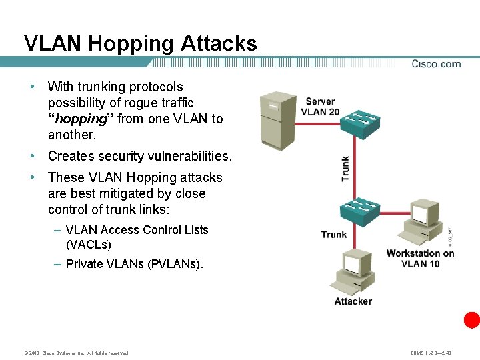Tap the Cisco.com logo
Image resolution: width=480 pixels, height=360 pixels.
(x=436, y=64)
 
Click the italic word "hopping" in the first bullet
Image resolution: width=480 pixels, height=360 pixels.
(x=80, y=119)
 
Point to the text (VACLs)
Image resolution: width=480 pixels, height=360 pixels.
(x=89, y=245)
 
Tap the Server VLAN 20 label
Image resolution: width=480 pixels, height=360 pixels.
(x=320, y=107)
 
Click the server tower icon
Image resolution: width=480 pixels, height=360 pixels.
(x=277, y=121)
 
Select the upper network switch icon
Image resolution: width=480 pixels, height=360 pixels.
(x=359, y=123)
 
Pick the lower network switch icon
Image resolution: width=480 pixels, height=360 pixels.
(x=360, y=211)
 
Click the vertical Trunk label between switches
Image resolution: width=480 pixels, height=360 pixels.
(x=345, y=169)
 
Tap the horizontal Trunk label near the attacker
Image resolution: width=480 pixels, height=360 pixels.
(x=333, y=235)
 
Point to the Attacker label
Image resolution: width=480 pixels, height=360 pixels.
(x=353, y=301)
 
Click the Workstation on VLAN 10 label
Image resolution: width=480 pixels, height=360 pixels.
(x=420, y=258)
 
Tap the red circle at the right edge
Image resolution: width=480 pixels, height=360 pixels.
(x=472, y=320)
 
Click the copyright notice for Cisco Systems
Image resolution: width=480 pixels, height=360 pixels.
(x=75, y=353)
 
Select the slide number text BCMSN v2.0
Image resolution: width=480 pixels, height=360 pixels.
(x=432, y=353)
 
